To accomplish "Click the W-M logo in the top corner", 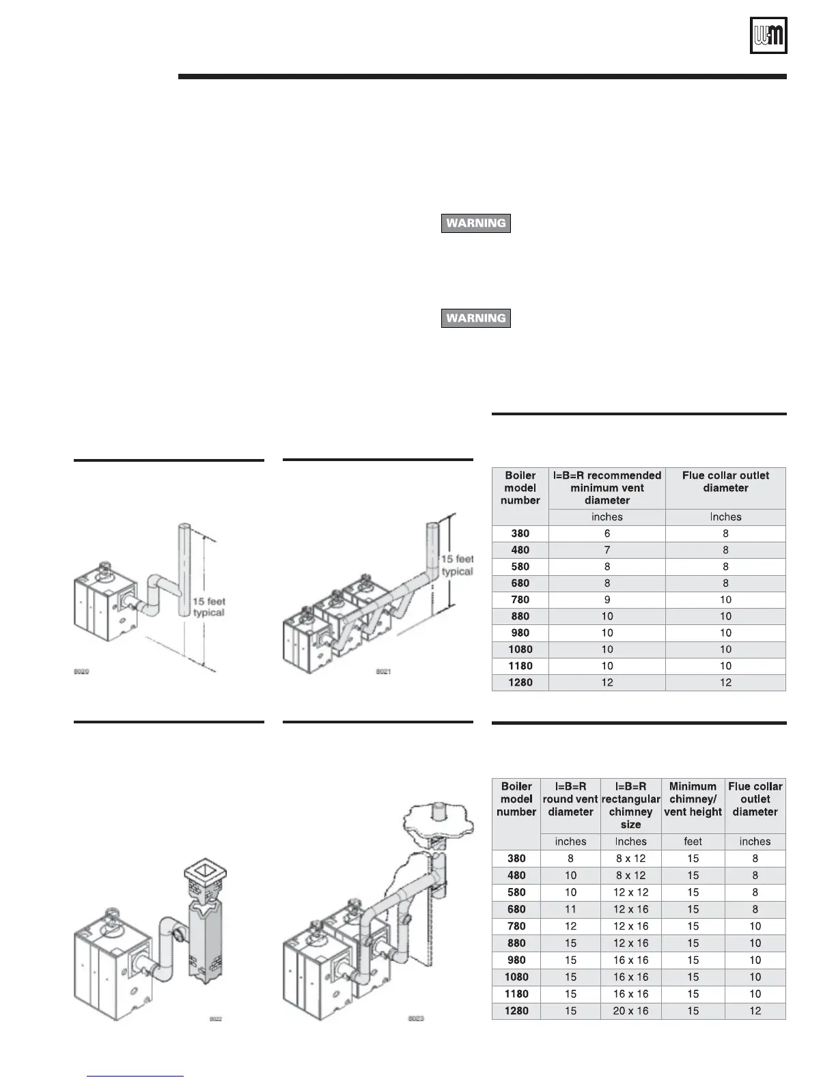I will pyautogui.click(x=769, y=35).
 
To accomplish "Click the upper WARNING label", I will pyautogui.click(x=476, y=223).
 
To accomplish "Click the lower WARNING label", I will pyautogui.click(x=476, y=318).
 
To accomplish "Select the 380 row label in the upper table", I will pyautogui.click(x=520, y=533).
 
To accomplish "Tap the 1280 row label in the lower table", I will pyautogui.click(x=516, y=1011).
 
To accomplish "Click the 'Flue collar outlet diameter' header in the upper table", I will pyautogui.click(x=725, y=482).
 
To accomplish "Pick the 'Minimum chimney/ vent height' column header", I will pyautogui.click(x=693, y=799).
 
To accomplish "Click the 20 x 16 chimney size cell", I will pyautogui.click(x=630, y=1011).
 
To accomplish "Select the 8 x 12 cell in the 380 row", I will pyautogui.click(x=630, y=859).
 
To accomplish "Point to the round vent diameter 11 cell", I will pyautogui.click(x=570, y=909).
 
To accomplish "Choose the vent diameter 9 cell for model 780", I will pyautogui.click(x=607, y=600).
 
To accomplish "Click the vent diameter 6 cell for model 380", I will pyautogui.click(x=607, y=533).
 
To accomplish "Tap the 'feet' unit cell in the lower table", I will pyautogui.click(x=693, y=842).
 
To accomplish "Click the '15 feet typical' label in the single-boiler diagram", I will pyautogui.click(x=208, y=607).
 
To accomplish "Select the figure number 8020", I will pyautogui.click(x=82, y=671).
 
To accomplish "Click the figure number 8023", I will pyautogui.click(x=416, y=1018).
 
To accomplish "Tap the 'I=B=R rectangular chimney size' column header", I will pyautogui.click(x=630, y=805).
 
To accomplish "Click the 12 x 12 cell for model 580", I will pyautogui.click(x=630, y=892).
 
